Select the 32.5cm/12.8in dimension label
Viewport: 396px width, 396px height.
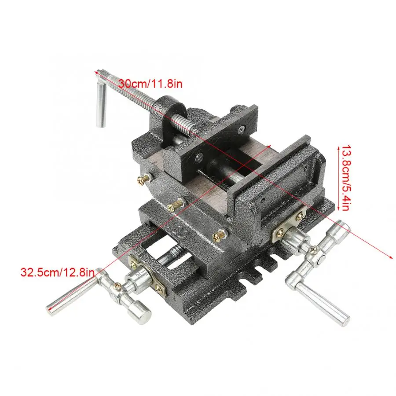coord(57,271)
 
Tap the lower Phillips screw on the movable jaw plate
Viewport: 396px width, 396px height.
coord(200,156)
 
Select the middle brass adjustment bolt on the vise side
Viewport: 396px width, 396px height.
coord(176,204)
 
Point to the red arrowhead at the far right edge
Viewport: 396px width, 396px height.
coord(391,257)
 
